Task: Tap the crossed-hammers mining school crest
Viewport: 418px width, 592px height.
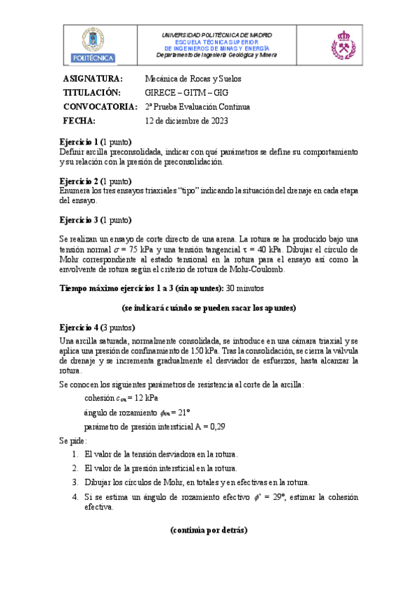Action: (x=343, y=44)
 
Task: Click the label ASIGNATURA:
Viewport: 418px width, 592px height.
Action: (x=93, y=78)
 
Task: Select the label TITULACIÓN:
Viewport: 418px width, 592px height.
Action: (x=92, y=93)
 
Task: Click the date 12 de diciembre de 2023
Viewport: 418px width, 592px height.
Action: (x=186, y=121)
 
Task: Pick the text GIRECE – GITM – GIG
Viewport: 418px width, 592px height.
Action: (x=186, y=93)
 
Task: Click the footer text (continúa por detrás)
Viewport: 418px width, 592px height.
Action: (x=208, y=530)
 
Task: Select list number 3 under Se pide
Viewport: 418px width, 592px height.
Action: (x=75, y=482)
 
